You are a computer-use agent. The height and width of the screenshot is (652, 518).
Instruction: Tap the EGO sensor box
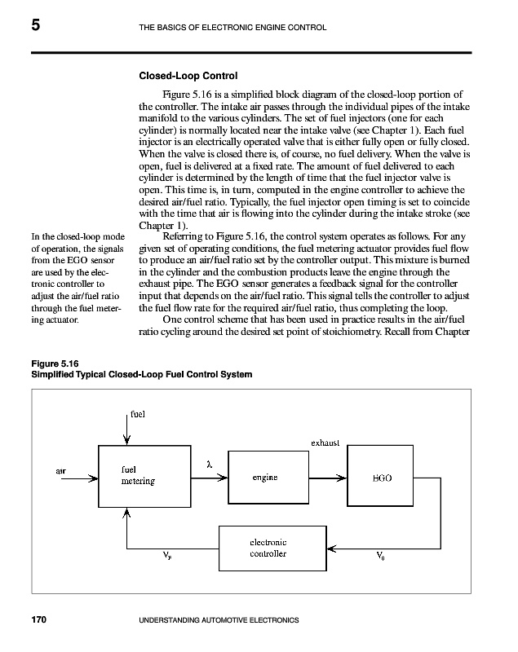(x=382, y=477)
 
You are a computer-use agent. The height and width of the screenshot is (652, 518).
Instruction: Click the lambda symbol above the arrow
(x=210, y=464)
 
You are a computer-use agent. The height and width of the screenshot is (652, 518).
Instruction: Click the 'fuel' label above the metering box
(x=137, y=413)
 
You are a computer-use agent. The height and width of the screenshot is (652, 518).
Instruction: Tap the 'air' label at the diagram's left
(x=61, y=470)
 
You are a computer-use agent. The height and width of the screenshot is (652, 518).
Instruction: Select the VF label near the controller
(x=166, y=558)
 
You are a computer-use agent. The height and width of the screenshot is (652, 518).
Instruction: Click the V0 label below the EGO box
(x=381, y=558)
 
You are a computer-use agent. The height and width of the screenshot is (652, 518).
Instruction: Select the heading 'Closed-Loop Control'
(x=188, y=77)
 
